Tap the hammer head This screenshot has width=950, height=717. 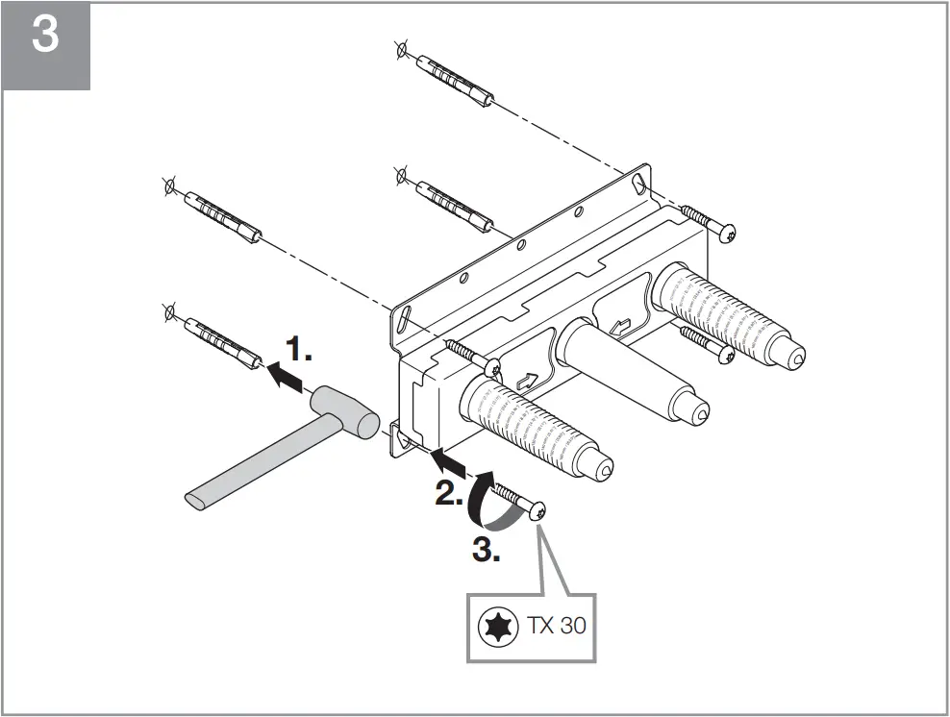[343, 410]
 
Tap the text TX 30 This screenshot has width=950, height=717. [556, 626]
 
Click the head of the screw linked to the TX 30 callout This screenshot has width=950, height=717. [537, 512]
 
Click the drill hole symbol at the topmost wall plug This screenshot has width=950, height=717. [401, 50]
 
